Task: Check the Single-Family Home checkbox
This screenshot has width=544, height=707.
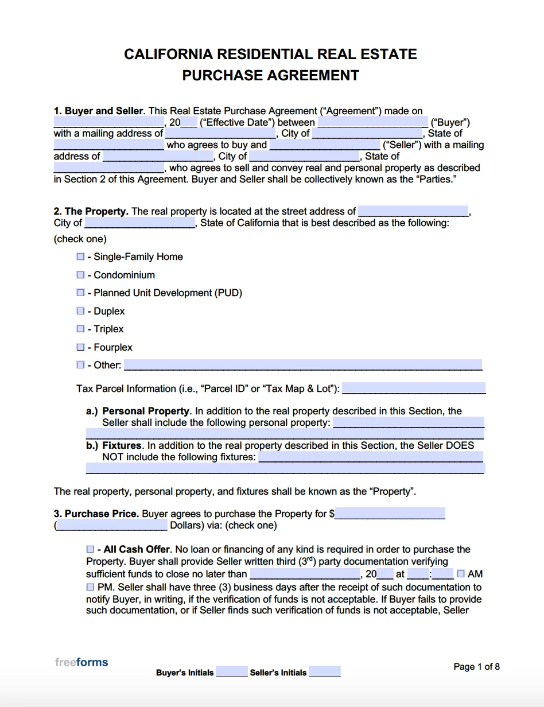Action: click(80, 257)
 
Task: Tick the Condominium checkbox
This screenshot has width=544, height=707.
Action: click(80, 275)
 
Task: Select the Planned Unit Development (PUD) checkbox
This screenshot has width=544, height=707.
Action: click(80, 293)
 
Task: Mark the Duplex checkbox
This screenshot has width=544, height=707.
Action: click(80, 311)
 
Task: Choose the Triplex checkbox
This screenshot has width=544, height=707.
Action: click(80, 329)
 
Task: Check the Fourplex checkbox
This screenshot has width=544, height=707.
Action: click(80, 347)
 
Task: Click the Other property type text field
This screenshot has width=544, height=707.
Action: click(303, 365)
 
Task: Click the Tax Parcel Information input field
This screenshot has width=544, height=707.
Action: click(413, 389)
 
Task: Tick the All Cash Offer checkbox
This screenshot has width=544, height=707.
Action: click(91, 549)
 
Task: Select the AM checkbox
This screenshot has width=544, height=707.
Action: click(461, 573)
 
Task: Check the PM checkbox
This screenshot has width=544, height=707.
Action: click(91, 587)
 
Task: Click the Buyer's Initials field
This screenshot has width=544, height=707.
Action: click(232, 672)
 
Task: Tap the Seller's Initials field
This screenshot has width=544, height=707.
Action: click(325, 672)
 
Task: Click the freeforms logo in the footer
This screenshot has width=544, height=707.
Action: click(81, 662)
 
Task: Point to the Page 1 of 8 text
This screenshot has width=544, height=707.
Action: click(476, 666)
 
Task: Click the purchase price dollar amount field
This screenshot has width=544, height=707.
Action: click(390, 514)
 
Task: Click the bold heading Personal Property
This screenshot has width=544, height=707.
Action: click(146, 411)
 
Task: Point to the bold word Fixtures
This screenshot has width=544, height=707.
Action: click(122, 445)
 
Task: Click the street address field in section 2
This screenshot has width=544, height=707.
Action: click(413, 211)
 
